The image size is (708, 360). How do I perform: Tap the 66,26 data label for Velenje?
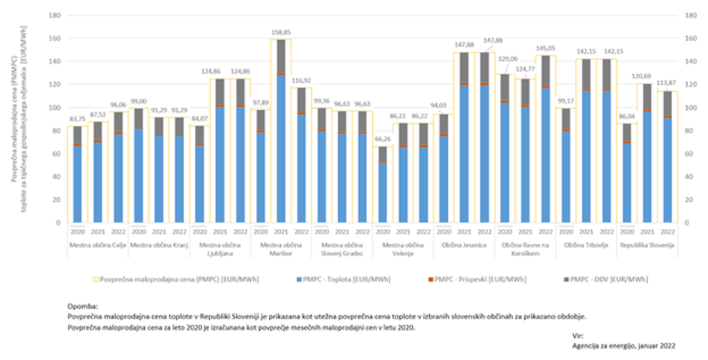(x=383, y=139)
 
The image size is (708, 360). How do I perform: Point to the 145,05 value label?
(x=545, y=48)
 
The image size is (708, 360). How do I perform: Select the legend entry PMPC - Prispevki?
(x=468, y=279)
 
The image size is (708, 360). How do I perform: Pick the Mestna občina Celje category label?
(x=97, y=246)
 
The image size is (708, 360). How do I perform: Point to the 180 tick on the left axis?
(x=53, y=15)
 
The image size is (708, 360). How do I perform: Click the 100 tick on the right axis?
(x=687, y=108)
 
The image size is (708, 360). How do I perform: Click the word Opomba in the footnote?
(x=82, y=308)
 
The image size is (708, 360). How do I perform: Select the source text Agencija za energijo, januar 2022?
(x=623, y=345)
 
